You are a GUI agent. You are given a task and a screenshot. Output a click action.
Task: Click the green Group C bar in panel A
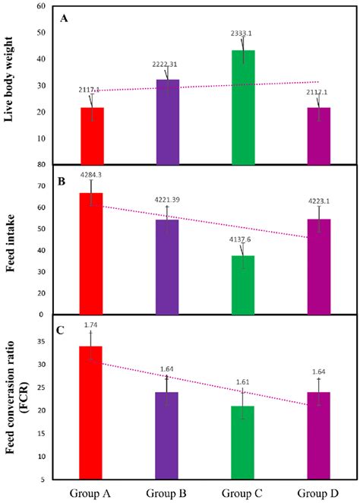243,107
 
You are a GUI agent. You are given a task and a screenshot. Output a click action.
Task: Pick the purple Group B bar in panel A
167,122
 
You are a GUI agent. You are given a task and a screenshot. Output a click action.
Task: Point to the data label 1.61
243,383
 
